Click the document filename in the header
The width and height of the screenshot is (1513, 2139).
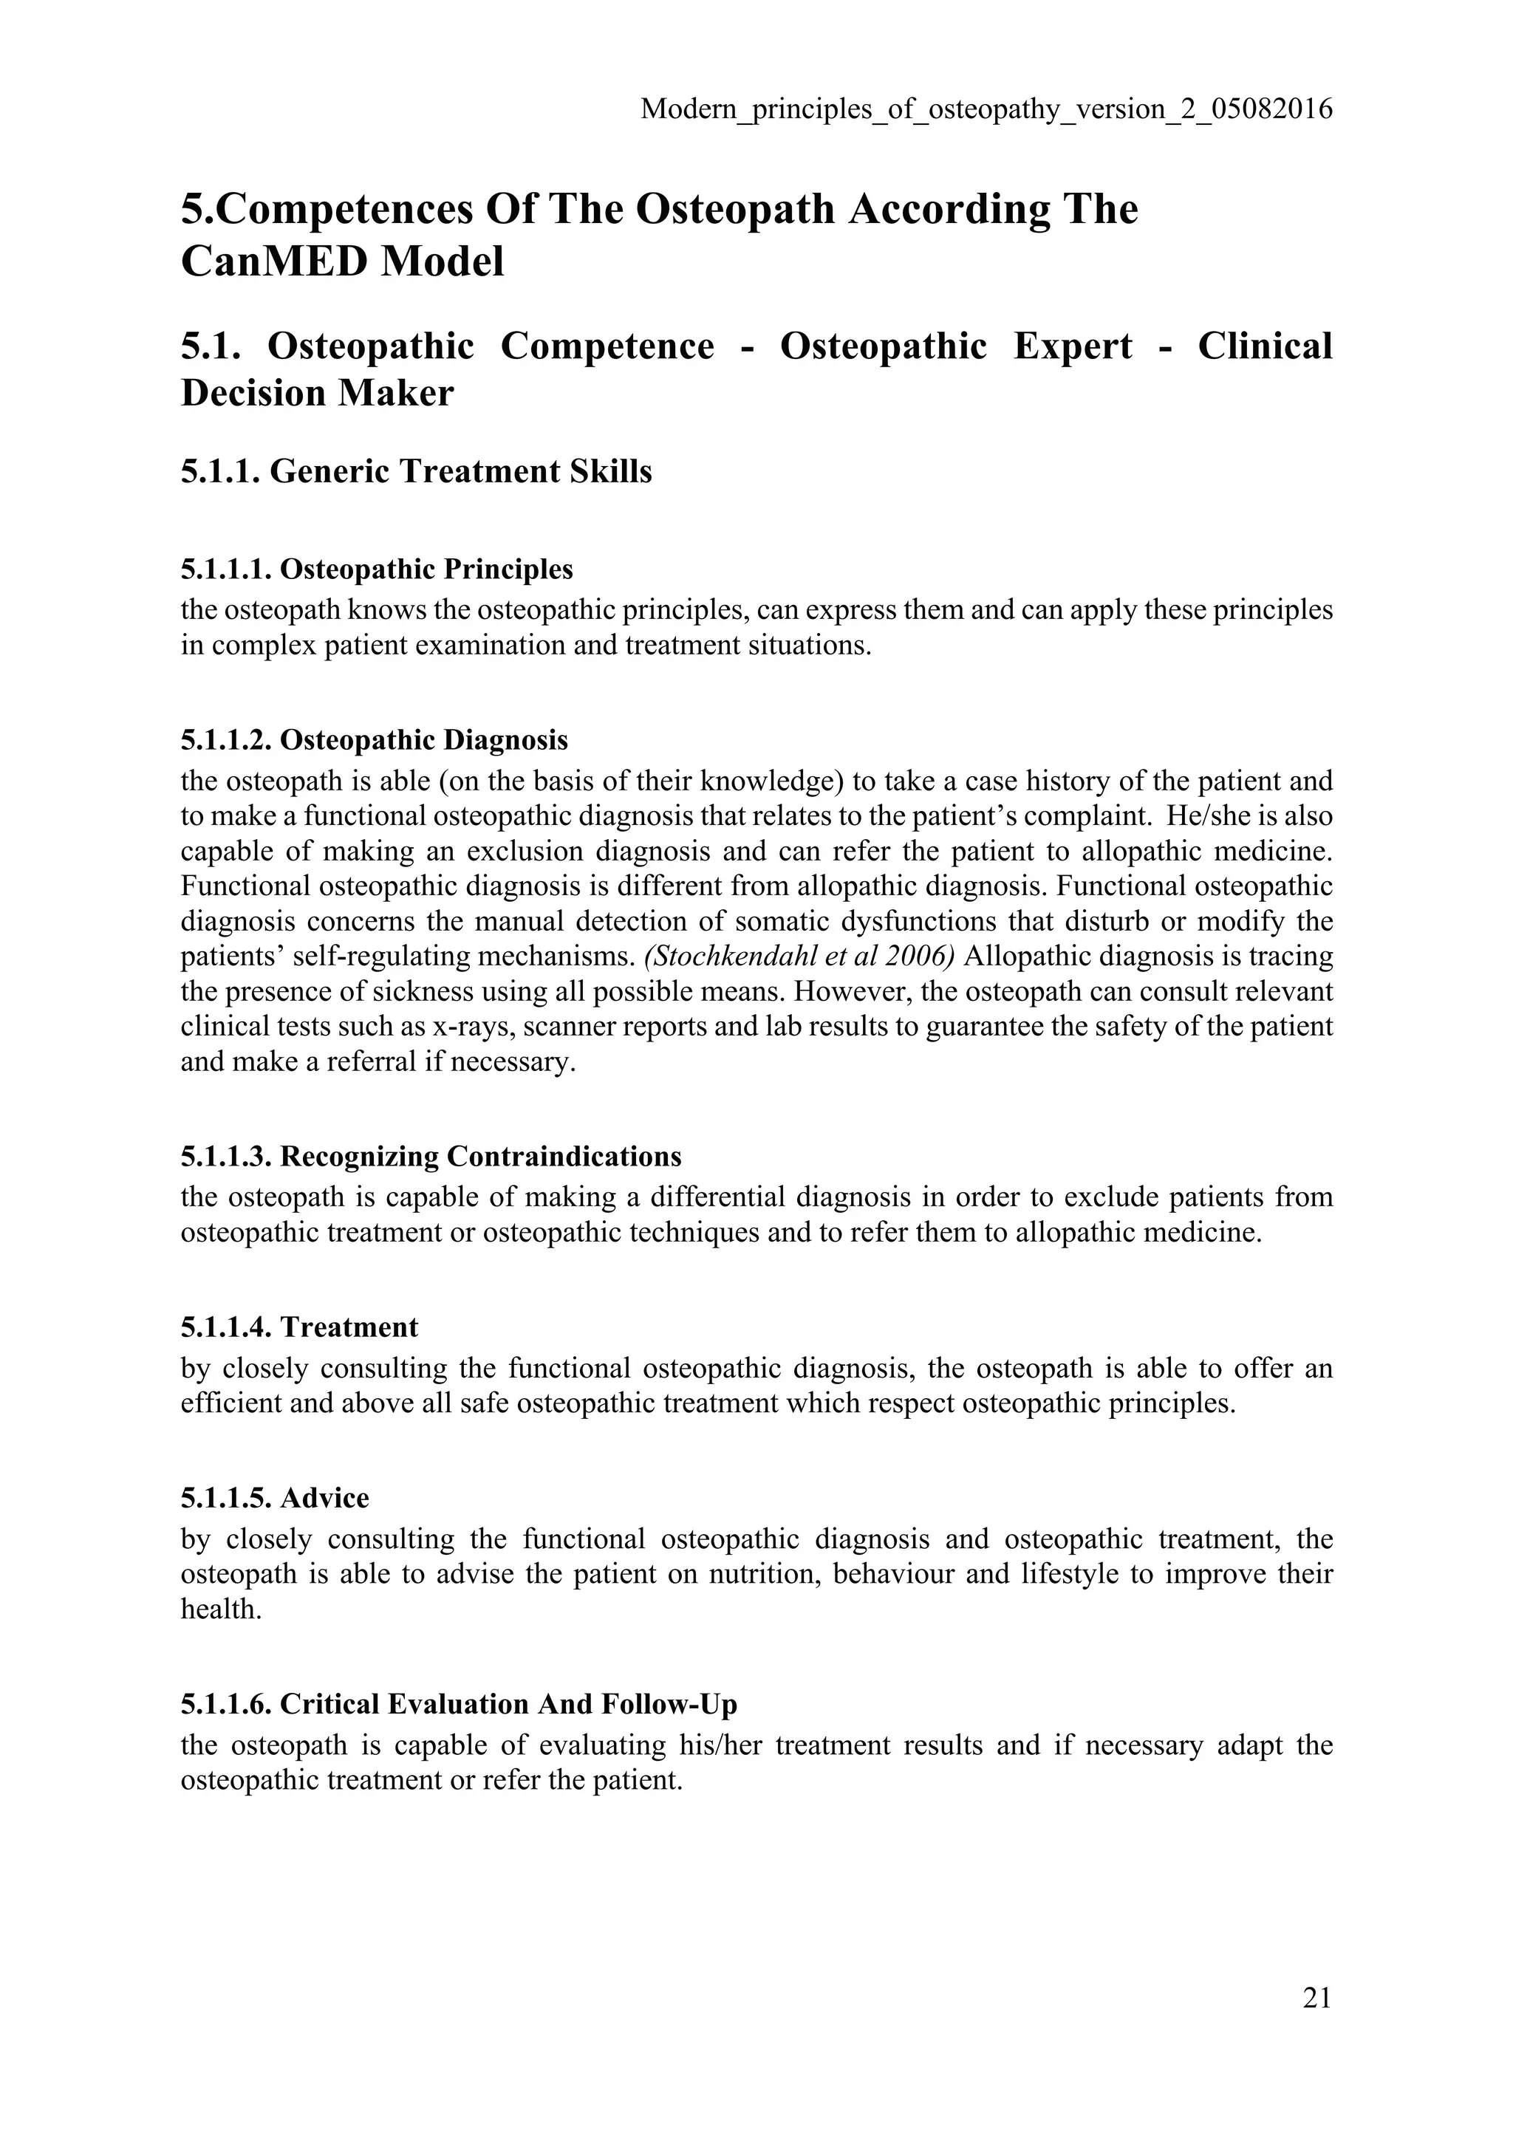point(986,110)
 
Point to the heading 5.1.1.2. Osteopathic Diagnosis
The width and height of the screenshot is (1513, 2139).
point(374,741)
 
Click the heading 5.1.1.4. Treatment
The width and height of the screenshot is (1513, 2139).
point(299,1327)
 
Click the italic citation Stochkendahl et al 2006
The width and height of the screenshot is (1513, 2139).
point(800,956)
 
